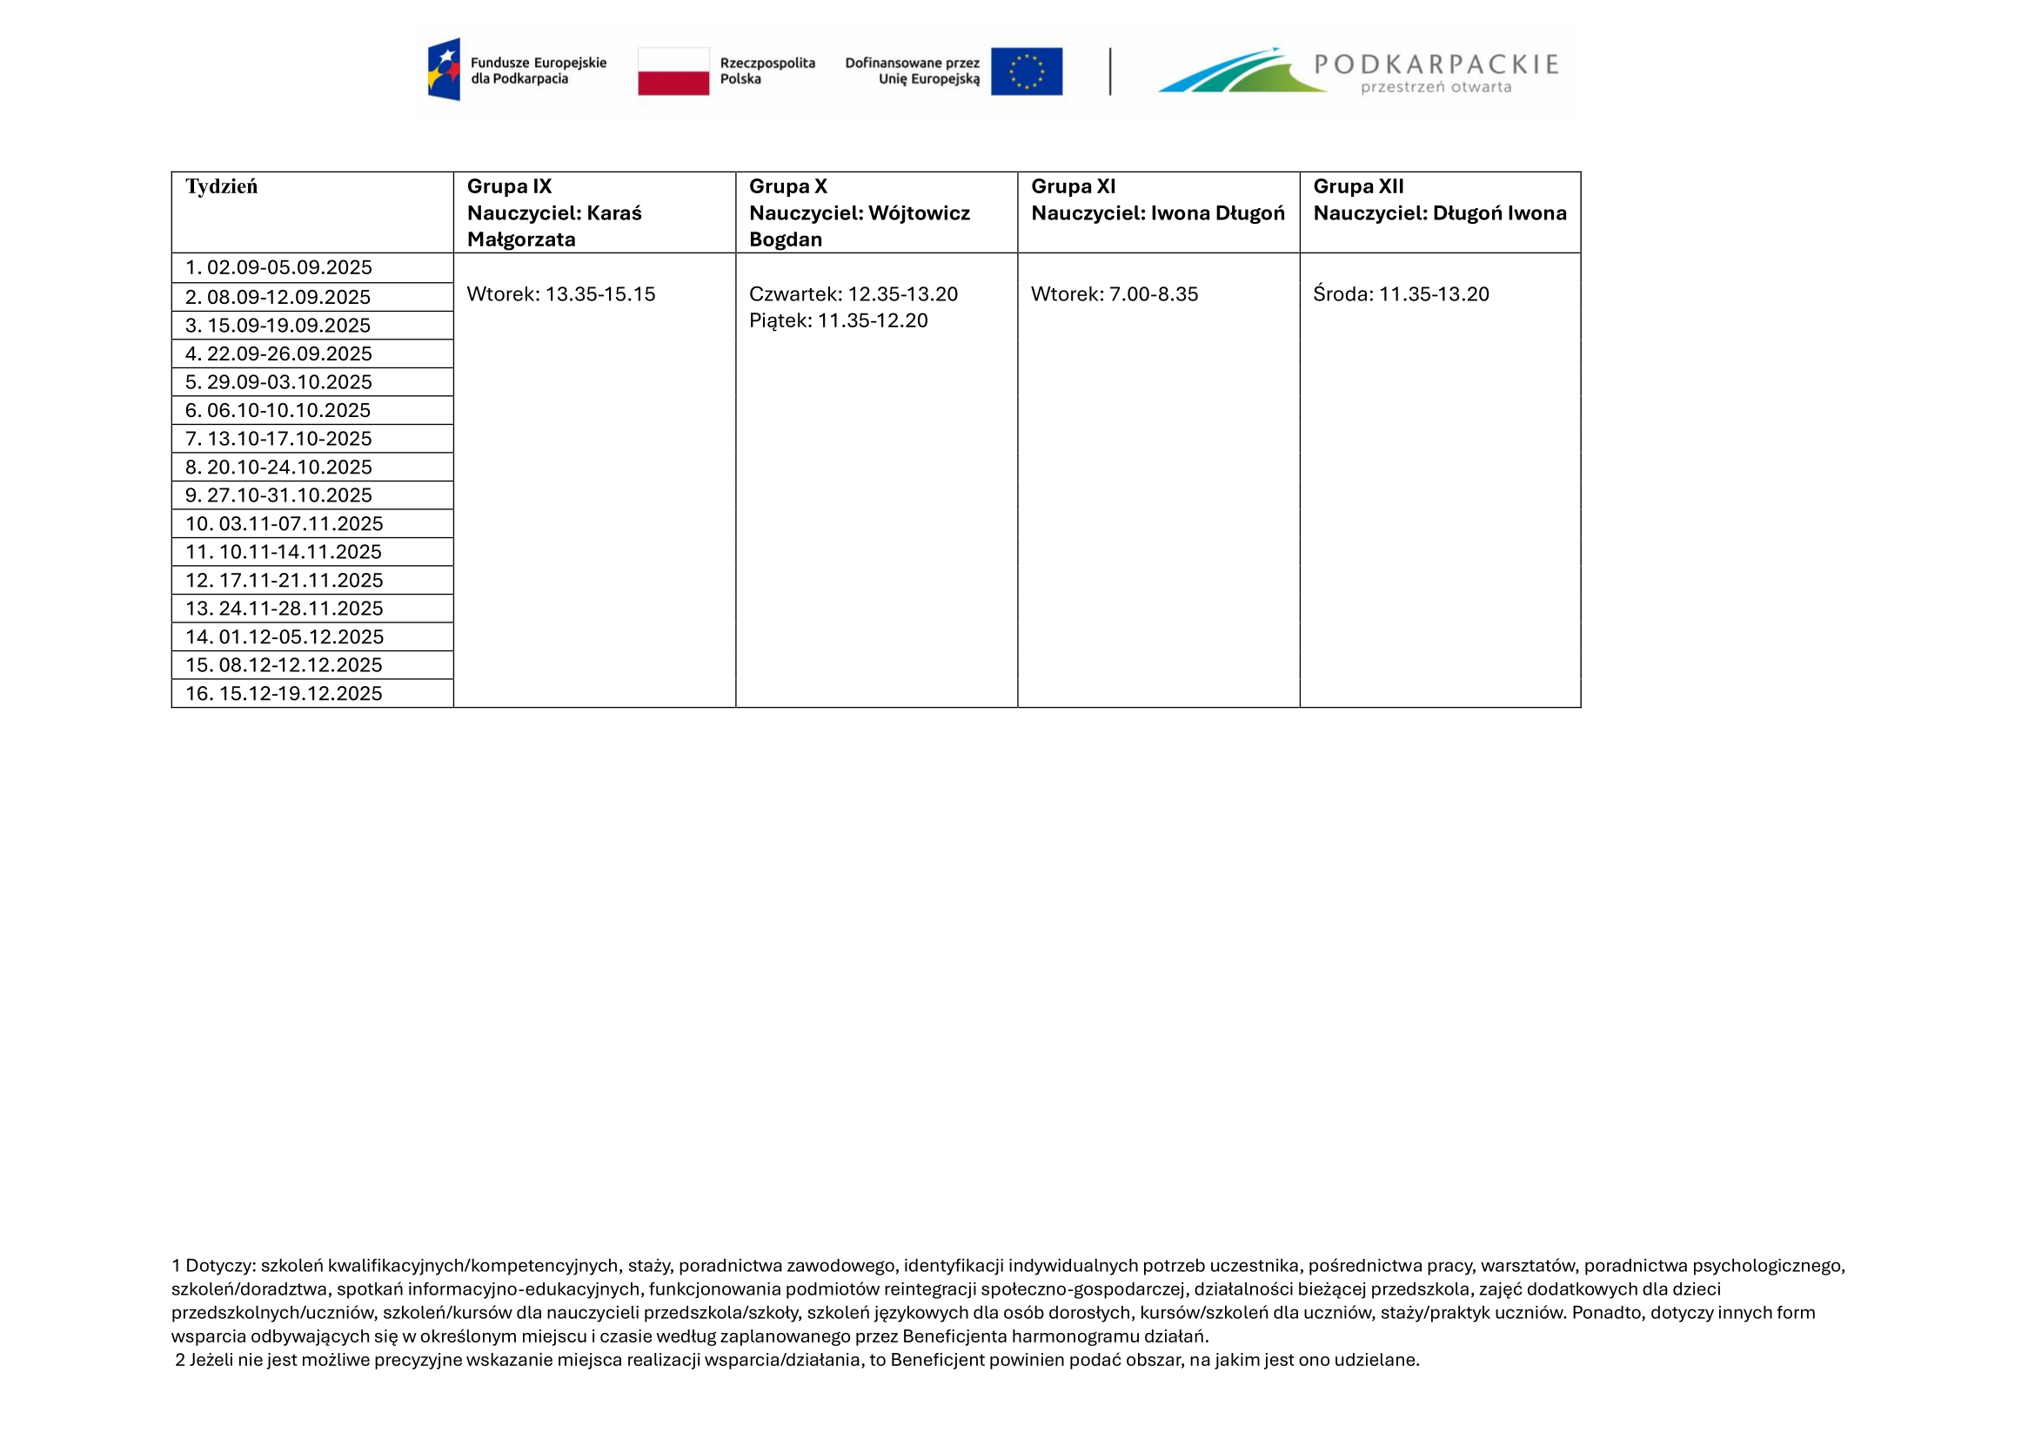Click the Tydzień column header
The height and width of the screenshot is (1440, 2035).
tap(221, 186)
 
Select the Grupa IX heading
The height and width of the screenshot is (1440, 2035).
tap(509, 186)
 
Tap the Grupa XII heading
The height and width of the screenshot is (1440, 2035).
tap(1358, 186)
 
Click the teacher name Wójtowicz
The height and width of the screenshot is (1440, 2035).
tap(919, 212)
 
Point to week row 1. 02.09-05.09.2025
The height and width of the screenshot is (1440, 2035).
tap(278, 268)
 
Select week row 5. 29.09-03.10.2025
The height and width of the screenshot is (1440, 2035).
tap(278, 382)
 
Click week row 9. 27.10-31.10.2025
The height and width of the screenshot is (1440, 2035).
tap(278, 495)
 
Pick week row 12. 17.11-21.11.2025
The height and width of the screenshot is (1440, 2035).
tap(284, 580)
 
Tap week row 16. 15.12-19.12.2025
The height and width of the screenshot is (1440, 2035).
tap(284, 693)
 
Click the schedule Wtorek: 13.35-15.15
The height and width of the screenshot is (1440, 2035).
tap(561, 294)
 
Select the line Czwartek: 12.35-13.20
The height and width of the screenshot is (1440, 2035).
tap(853, 294)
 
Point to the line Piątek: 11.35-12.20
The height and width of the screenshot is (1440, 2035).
tap(838, 321)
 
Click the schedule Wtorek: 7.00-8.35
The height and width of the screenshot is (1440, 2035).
tap(1115, 294)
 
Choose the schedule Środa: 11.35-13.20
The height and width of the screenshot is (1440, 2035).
tap(1401, 294)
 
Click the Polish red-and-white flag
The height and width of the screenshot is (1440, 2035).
tap(673, 71)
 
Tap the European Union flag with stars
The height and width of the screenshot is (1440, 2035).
tap(1027, 71)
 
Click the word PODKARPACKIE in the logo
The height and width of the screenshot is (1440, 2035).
tap(1436, 64)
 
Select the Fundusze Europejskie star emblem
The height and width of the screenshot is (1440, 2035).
tap(444, 69)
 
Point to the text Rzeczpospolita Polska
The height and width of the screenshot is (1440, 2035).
tap(766, 71)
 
